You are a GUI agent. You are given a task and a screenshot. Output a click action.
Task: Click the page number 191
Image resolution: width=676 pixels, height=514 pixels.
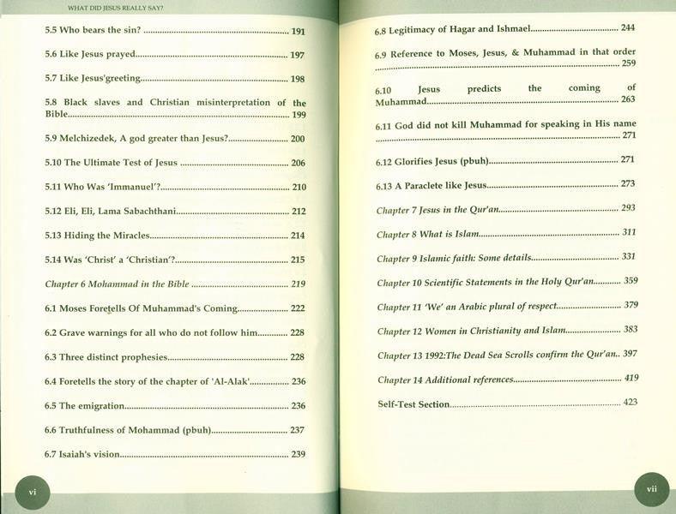click(x=298, y=31)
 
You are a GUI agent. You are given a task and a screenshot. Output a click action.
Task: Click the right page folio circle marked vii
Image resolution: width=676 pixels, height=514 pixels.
click(x=651, y=490)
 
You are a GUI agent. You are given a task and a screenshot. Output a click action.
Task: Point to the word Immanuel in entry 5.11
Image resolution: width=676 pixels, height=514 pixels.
click(x=131, y=187)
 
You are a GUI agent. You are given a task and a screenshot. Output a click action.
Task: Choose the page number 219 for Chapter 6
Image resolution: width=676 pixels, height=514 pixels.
click(x=299, y=284)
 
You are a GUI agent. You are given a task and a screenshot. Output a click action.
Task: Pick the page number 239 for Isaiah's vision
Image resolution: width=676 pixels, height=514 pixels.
click(x=299, y=453)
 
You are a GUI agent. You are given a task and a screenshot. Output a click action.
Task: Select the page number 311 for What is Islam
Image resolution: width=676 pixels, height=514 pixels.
click(x=628, y=232)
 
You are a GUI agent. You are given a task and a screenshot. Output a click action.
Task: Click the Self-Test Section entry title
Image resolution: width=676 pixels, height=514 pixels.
click(x=413, y=403)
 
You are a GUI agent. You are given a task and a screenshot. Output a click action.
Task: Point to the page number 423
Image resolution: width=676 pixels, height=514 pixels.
click(x=630, y=401)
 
